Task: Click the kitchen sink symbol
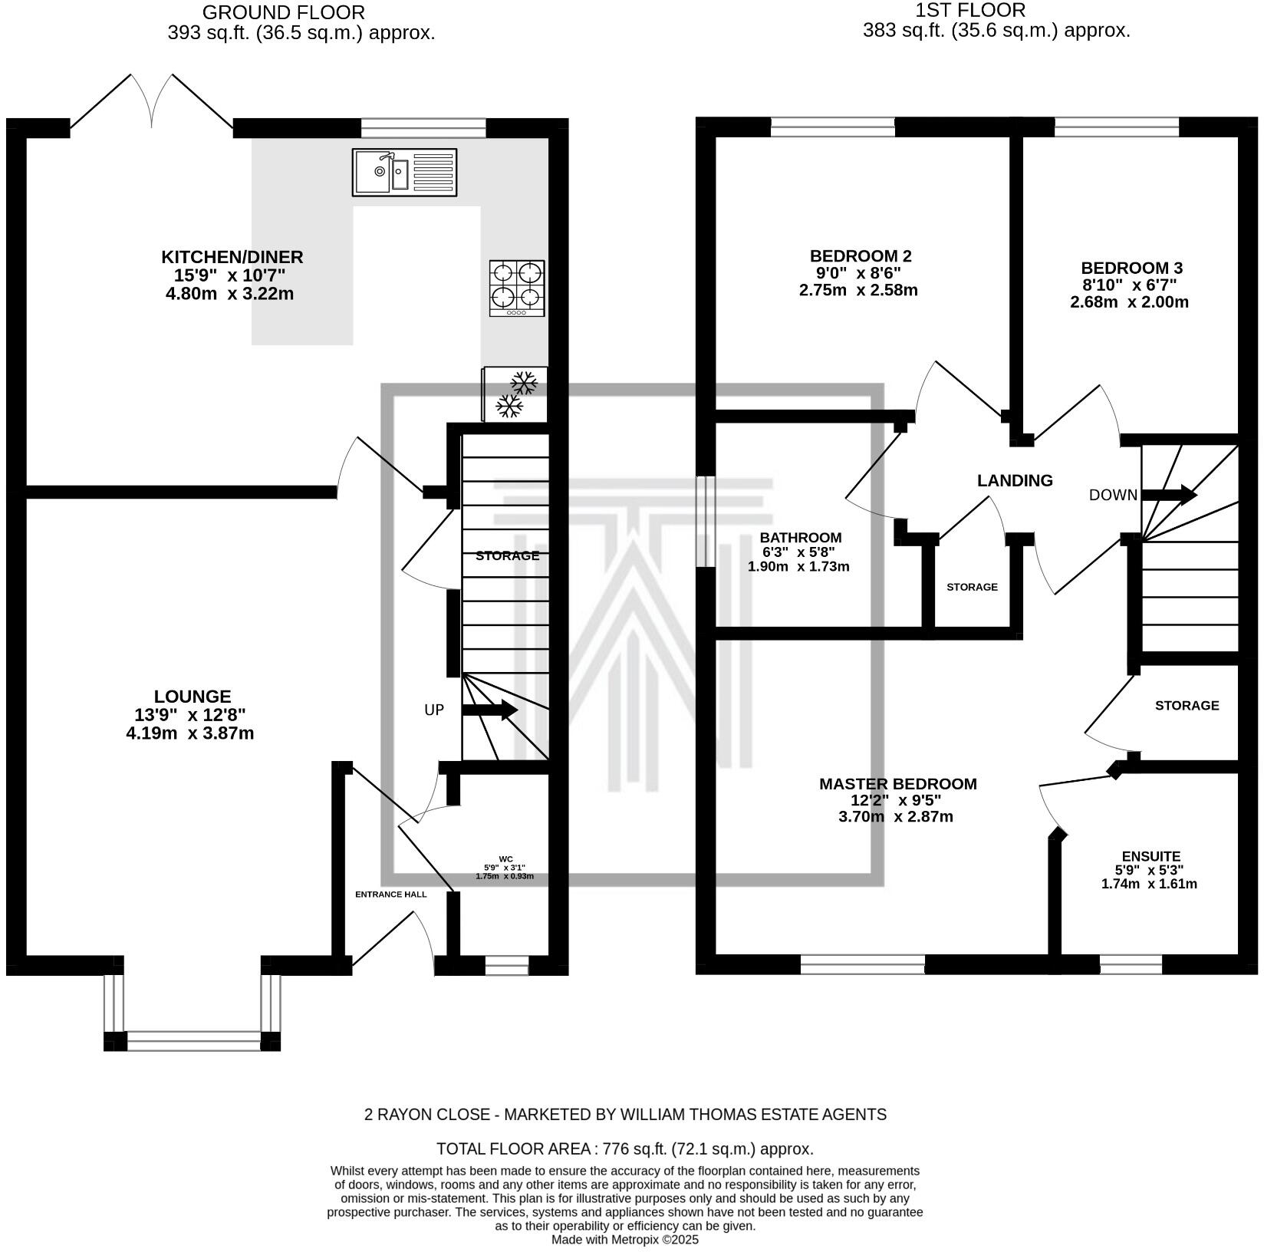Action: coord(404,172)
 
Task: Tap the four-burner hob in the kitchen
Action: coord(517,288)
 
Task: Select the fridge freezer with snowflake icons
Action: coord(515,394)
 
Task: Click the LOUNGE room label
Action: coord(192,697)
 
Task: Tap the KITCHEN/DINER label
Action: coord(232,257)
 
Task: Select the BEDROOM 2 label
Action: coord(861,255)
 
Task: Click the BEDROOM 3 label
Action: coord(1131,268)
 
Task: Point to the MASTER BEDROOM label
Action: coord(897,784)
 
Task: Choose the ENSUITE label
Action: coord(1150,856)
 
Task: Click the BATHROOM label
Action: coord(800,538)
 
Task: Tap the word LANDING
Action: coord(1015,481)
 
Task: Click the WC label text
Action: coord(505,858)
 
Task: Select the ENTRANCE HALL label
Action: coord(390,894)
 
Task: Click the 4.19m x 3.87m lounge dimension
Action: coord(189,733)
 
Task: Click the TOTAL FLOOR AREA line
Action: coord(624,1148)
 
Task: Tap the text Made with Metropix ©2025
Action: coord(624,1239)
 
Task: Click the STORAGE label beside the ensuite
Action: coord(1187,705)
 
